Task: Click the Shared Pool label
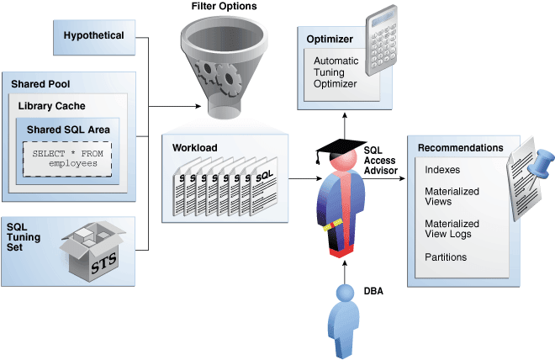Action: tap(40, 84)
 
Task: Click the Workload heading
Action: tap(195, 148)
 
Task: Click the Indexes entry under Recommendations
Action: tap(441, 170)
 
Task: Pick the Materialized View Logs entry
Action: tap(452, 229)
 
